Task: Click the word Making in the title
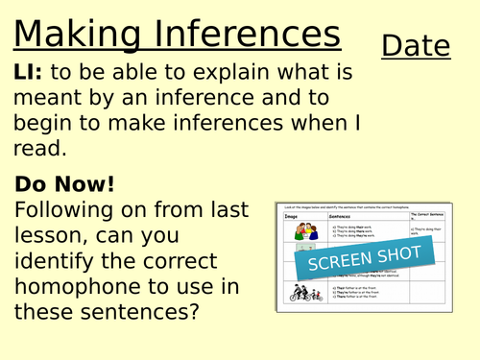[74, 35]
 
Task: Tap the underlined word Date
[416, 45]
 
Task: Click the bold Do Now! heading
[65, 183]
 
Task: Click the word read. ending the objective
[40, 148]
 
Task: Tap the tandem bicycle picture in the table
[307, 294]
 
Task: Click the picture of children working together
[307, 232]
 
